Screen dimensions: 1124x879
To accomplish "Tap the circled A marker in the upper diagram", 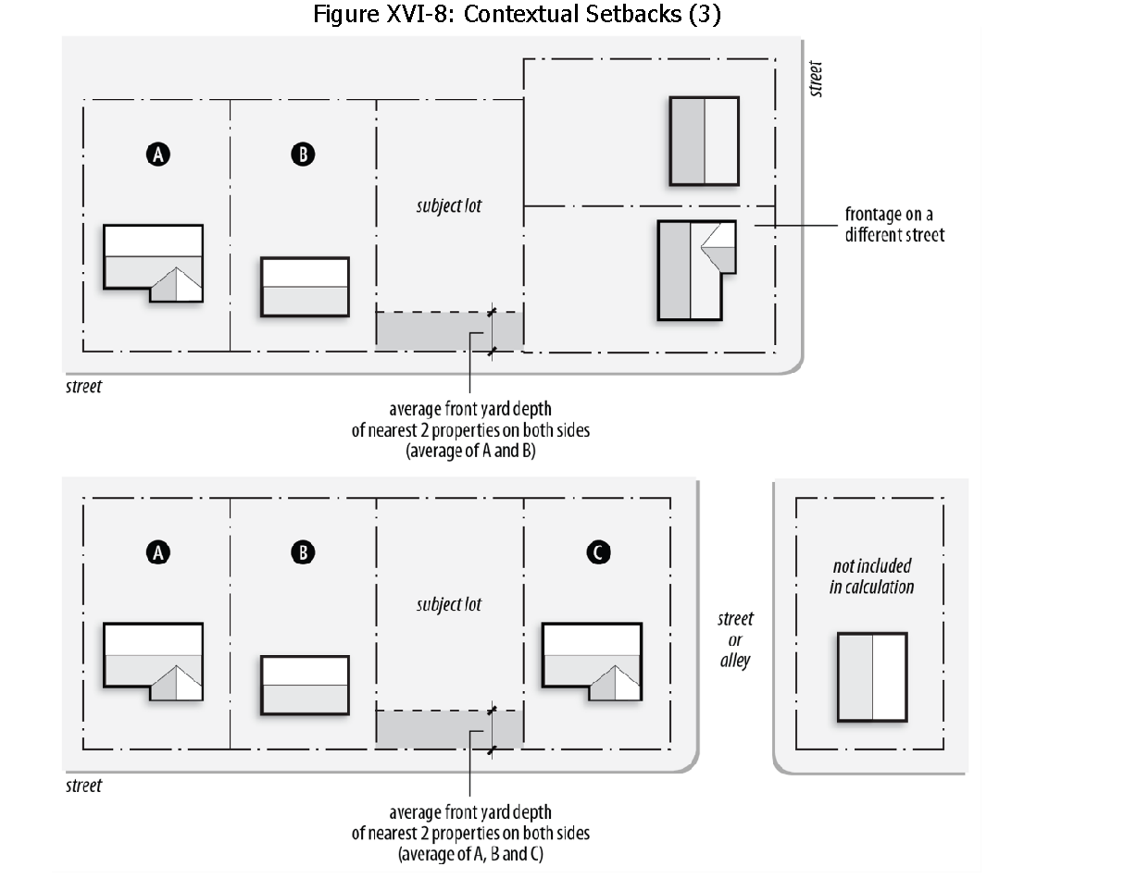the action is pos(158,155).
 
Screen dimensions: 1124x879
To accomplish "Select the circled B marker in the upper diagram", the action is pos(303,155).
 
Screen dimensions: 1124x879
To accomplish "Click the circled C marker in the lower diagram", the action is pos(598,552).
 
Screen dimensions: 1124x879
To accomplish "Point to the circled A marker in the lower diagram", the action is pos(158,552).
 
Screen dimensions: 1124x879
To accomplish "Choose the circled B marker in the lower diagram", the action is pos(303,552).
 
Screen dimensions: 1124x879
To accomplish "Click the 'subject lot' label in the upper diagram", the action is pos(449,205).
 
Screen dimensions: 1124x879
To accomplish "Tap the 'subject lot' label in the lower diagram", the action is pos(449,604).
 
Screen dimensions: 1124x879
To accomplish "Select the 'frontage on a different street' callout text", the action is pos(894,225).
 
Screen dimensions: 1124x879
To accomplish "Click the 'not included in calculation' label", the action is pos(871,576).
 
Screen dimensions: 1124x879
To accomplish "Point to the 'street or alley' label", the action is pos(735,639).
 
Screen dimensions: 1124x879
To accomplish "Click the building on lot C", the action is pos(592,655).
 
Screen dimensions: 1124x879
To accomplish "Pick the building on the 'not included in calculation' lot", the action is pos(872,676).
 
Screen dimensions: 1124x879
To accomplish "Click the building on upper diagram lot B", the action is pos(305,288).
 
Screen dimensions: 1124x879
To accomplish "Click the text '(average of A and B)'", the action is pos(470,452).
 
